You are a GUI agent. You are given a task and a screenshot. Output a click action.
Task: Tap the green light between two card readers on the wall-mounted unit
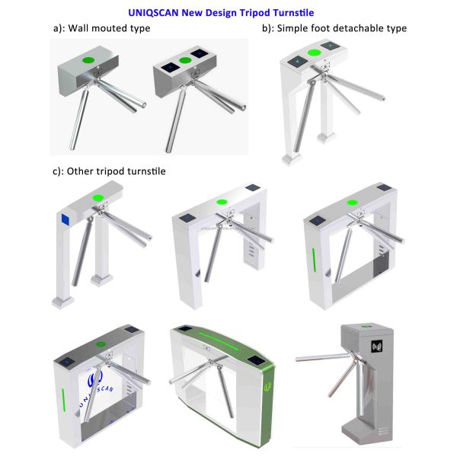[x=184, y=60]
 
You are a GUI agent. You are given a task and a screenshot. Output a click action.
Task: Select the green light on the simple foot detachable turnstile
[x=313, y=53]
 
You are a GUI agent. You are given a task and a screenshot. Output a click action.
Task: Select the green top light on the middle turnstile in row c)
[x=222, y=203]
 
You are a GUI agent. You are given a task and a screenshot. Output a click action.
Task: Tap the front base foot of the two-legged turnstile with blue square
[x=62, y=301]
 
